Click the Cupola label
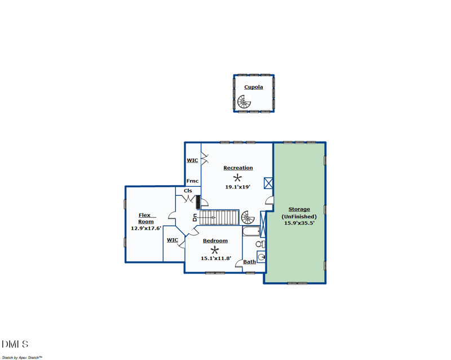coord(253,87)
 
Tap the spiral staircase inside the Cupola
coord(244,102)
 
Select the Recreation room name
coord(238,168)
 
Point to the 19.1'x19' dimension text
coord(237,187)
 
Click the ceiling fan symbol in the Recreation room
coord(237,177)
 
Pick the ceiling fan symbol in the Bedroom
coord(215,249)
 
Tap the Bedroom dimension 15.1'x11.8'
coord(216,258)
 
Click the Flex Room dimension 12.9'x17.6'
coord(146,229)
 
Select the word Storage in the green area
coord(299,209)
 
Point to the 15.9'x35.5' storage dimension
coord(299,223)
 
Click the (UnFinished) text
coord(299,216)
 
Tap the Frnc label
coord(193,181)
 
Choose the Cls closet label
coord(188,191)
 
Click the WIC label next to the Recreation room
coord(192,160)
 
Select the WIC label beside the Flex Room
coord(173,240)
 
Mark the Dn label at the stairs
coord(194,217)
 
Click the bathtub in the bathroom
coord(250,231)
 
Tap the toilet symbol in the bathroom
coord(260,244)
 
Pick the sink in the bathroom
coord(261,257)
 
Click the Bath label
coord(249,262)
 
